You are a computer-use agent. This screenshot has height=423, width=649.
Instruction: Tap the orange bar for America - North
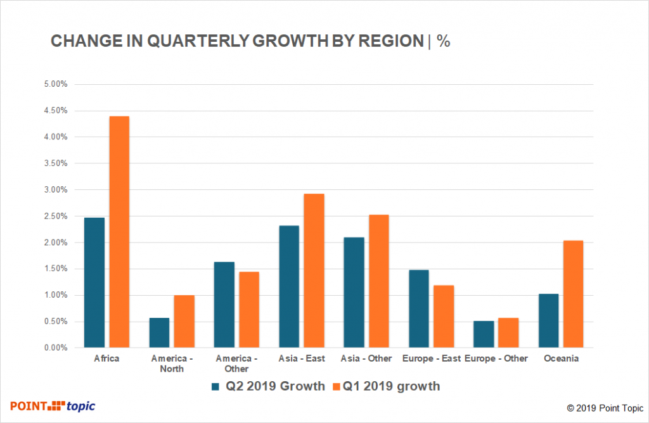coord(184,321)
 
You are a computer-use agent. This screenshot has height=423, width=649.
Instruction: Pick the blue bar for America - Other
coord(224,305)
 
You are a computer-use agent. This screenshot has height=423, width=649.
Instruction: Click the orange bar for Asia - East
coord(313,270)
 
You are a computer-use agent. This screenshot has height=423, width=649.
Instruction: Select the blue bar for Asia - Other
coord(354,292)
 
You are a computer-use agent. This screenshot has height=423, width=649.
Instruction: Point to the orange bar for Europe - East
coord(443,316)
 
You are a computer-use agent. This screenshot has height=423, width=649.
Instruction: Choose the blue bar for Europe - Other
coord(484,334)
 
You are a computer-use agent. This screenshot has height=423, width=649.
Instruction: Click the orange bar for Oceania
coord(572,294)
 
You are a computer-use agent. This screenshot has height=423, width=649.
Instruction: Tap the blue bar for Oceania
coord(548,320)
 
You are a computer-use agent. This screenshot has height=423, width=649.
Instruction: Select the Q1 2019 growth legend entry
coord(387,386)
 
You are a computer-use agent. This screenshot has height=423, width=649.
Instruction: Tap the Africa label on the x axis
coord(106,358)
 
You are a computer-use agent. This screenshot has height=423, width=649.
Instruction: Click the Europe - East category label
coord(431,358)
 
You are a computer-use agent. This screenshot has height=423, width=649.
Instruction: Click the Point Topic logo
coord(53,406)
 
